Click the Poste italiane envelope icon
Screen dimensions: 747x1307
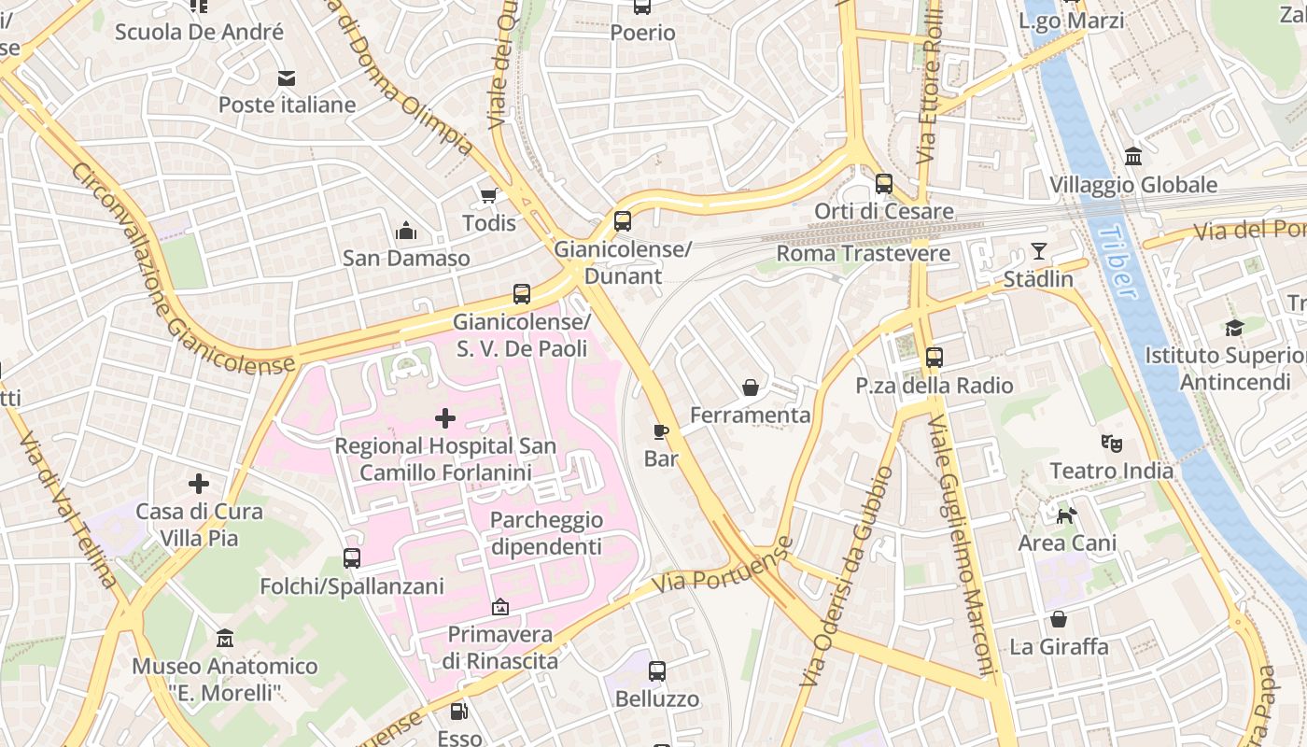coord(286,78)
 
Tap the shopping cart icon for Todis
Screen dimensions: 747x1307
coord(488,195)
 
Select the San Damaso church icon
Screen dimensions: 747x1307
coord(406,231)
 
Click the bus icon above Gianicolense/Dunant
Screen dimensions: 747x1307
coord(623,221)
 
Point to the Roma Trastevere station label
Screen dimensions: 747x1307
coord(863,253)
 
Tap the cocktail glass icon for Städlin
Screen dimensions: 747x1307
coord(1038,251)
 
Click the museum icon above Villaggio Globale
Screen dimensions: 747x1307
coord(1133,156)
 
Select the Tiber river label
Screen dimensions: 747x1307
coord(1117,261)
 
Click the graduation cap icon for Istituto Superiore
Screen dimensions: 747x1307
coord(1234,328)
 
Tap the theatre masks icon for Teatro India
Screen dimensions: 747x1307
coord(1111,443)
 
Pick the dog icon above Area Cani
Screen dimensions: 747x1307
coord(1066,514)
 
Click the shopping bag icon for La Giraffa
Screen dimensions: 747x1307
coord(1059,619)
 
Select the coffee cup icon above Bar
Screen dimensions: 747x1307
coord(661,430)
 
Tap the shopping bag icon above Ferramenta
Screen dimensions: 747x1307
coord(751,387)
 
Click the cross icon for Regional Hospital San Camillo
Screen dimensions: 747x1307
coord(445,417)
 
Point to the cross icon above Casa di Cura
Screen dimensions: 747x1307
coord(198,484)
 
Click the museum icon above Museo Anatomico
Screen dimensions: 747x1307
coord(224,639)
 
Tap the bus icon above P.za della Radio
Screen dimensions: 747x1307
coord(934,357)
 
